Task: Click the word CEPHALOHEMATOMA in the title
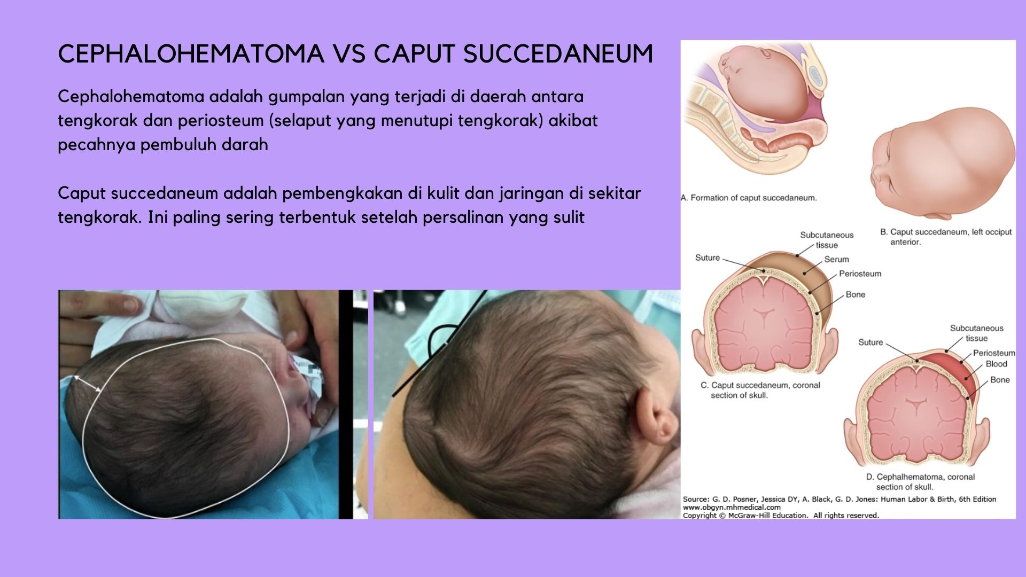pos(191,53)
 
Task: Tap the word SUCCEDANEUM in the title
pos(558,53)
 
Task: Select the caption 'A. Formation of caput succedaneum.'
pos(749,198)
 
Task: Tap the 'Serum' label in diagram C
pos(836,259)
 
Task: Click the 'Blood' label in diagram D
pos(996,364)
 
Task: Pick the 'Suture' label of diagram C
pos(708,258)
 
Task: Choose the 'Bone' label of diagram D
pos(1000,380)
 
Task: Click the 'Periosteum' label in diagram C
pos(860,274)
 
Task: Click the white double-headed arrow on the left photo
pos(87,384)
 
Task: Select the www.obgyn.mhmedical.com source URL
pos(732,508)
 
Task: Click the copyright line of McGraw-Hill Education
pos(781,516)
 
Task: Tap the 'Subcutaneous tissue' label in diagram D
pos(976,333)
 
